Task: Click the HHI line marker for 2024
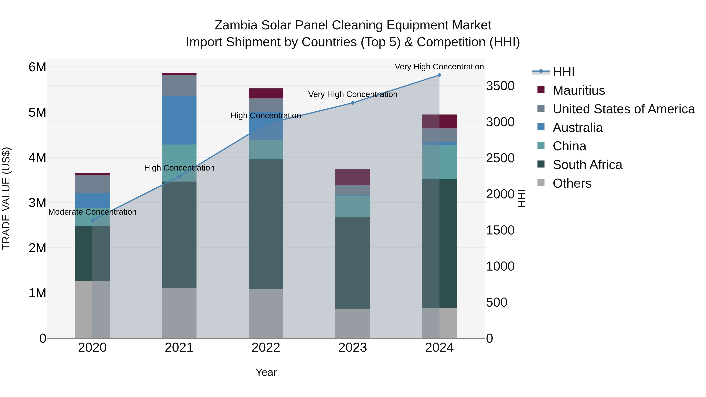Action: (x=439, y=75)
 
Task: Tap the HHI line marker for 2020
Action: (x=92, y=220)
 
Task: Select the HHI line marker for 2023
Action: (x=353, y=103)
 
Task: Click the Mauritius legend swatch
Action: (x=541, y=90)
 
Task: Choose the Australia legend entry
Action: (x=578, y=128)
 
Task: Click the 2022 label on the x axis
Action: (x=266, y=348)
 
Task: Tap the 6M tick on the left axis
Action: (x=37, y=67)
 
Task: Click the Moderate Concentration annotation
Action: (x=92, y=212)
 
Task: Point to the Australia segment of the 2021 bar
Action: (x=179, y=120)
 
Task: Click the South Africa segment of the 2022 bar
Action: (x=266, y=224)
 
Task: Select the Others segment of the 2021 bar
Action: (x=179, y=313)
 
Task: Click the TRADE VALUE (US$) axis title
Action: (x=6, y=198)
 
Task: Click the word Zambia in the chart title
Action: (x=236, y=25)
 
